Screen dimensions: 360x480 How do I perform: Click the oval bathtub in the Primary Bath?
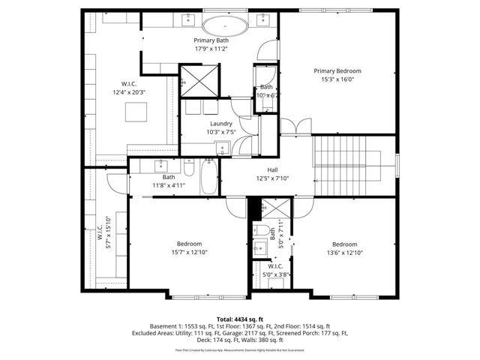click(225, 27)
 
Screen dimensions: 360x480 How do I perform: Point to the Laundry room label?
click(220, 124)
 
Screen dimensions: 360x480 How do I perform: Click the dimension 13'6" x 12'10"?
click(344, 253)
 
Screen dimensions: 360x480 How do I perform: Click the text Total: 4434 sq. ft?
click(239, 319)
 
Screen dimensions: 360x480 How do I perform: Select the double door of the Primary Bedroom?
click(295, 126)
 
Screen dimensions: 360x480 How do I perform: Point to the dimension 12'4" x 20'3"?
click(127, 92)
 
